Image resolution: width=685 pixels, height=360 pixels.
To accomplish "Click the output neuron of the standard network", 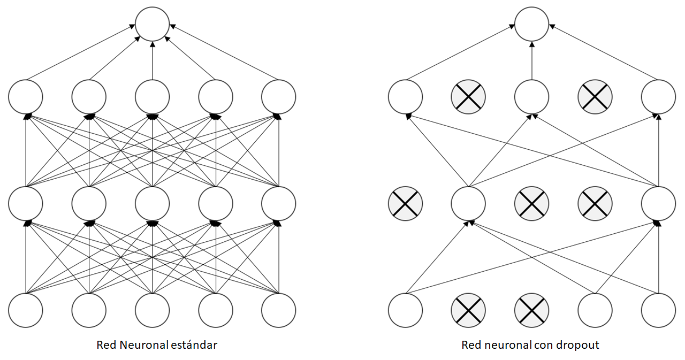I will click(153, 24).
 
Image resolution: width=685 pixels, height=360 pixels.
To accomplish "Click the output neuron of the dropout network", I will click(531, 24).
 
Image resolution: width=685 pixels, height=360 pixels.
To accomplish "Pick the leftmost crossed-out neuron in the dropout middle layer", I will click(405, 204).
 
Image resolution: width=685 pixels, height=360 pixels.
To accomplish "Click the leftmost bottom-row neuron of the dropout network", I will click(405, 310).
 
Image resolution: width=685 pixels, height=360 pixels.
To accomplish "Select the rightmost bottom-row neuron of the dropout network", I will click(658, 310).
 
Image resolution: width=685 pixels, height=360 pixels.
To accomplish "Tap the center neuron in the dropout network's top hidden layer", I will click(531, 97).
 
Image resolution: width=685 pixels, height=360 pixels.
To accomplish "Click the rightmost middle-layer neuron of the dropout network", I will click(658, 204).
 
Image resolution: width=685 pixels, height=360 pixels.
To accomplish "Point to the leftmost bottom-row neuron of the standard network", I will click(26, 310).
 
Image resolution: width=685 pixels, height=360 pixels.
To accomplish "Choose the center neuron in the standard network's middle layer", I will click(153, 204).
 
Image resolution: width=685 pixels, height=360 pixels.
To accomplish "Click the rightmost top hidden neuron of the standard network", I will click(279, 97).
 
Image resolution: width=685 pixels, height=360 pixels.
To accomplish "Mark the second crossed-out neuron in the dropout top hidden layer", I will click(595, 97).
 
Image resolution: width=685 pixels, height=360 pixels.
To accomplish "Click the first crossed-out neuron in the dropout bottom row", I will click(468, 310).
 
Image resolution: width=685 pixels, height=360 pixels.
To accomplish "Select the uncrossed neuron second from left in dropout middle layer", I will click(468, 204).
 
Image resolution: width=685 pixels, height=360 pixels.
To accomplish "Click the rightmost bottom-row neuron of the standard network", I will click(279, 310).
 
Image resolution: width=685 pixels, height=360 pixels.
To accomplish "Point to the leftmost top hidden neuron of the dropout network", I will click(405, 97).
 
